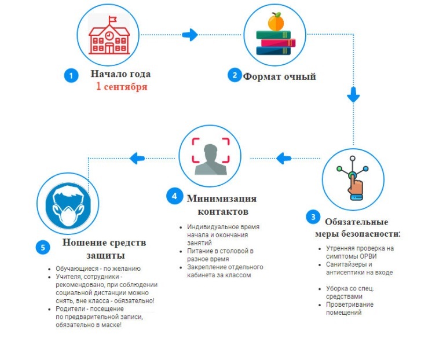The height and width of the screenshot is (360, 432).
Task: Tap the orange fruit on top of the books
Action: point(276,22)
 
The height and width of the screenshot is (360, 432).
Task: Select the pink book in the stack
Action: point(278,43)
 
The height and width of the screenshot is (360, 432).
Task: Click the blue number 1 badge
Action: point(71,75)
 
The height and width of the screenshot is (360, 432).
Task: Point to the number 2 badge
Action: point(235,75)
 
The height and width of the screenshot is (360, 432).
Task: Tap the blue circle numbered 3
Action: point(313,217)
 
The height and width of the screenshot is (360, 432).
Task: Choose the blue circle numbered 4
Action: point(174,196)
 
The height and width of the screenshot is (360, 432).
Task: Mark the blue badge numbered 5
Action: point(43,247)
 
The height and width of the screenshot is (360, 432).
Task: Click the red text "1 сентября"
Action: point(122,87)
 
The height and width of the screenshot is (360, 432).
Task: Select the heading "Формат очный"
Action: point(279,76)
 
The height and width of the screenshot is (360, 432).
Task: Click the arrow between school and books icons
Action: point(190,35)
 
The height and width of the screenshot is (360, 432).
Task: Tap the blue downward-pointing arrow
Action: point(353,95)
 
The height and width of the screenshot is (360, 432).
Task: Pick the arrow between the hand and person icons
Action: point(284,159)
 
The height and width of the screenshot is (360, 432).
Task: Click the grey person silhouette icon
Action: point(211,160)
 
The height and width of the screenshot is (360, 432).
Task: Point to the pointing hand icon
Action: point(355,185)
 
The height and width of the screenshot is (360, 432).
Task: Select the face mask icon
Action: point(68,204)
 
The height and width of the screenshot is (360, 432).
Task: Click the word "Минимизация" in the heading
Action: point(222,199)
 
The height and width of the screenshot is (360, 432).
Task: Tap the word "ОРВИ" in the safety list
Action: point(368,256)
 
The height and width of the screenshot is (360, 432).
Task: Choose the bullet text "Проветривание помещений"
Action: point(350,308)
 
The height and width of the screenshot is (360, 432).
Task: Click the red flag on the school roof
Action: point(112,19)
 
